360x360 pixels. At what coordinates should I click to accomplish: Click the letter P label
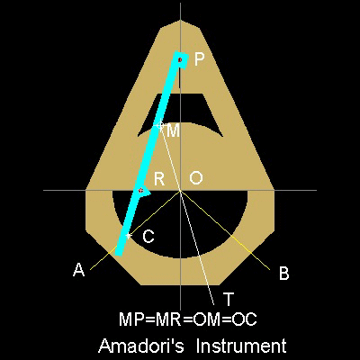(x=199, y=59)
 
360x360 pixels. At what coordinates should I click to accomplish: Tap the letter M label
(x=173, y=130)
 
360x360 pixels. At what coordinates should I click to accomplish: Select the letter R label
(x=159, y=179)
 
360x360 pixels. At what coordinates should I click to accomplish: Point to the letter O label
(x=196, y=178)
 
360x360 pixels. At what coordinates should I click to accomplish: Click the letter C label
(x=148, y=237)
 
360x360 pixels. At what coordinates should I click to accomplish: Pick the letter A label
(x=79, y=269)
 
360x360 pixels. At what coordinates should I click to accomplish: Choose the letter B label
(x=283, y=274)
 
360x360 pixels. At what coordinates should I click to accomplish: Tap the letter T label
(x=229, y=299)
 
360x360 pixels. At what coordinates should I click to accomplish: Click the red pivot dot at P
(x=180, y=60)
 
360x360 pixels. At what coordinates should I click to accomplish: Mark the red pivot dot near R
(x=141, y=191)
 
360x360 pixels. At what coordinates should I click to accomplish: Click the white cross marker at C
(x=129, y=236)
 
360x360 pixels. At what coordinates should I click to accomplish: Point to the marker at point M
(x=160, y=125)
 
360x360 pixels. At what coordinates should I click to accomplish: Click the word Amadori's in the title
(x=141, y=346)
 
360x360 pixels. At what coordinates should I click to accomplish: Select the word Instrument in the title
(x=241, y=346)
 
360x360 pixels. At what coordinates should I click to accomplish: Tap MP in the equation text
(x=130, y=319)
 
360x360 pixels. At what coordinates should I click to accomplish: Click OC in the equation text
(x=245, y=319)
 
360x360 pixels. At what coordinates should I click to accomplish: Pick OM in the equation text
(x=206, y=319)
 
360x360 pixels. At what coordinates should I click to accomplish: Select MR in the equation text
(x=168, y=319)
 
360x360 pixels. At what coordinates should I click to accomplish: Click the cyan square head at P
(x=181, y=60)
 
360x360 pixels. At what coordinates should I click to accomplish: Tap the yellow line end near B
(x=270, y=270)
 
